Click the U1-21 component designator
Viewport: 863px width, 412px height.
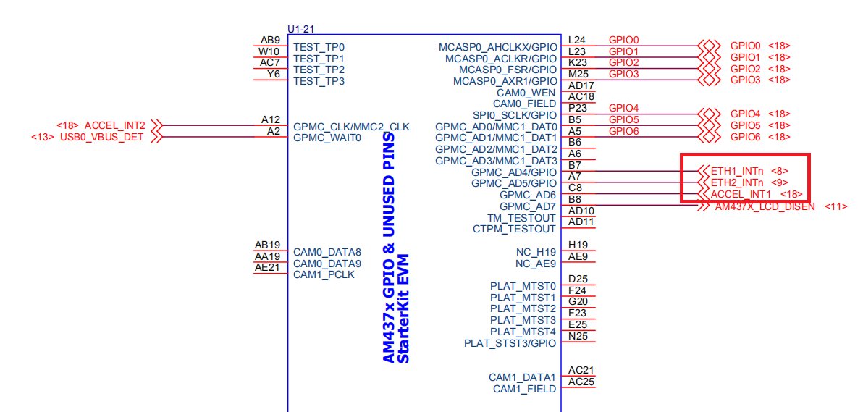[301, 29]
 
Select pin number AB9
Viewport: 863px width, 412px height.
[270, 41]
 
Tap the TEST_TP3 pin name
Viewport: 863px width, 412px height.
[319, 81]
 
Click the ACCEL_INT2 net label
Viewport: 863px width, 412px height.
[114, 125]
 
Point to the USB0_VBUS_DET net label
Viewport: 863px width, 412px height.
[102, 137]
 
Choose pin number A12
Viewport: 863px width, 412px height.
[271, 119]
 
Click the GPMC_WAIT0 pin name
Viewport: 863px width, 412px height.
[327, 138]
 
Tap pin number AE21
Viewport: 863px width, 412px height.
[267, 268]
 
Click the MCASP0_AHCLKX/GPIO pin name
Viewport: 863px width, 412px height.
[498, 47]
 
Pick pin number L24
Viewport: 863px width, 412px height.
[577, 41]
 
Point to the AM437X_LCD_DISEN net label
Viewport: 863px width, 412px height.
[765, 206]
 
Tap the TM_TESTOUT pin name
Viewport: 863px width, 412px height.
[522, 217]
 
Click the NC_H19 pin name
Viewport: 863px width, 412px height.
[536, 252]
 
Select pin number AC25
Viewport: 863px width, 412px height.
[581, 382]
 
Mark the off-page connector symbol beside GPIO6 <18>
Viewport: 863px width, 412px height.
[709, 137]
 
